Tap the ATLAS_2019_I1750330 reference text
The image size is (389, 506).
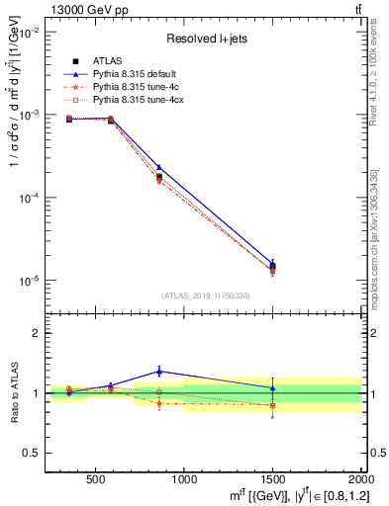[204, 295]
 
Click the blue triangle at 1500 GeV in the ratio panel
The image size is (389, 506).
[272, 387]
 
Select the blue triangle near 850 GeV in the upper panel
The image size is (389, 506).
[158, 168]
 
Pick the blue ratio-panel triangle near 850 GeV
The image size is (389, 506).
[158, 372]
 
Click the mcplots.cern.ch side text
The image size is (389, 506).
[376, 227]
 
